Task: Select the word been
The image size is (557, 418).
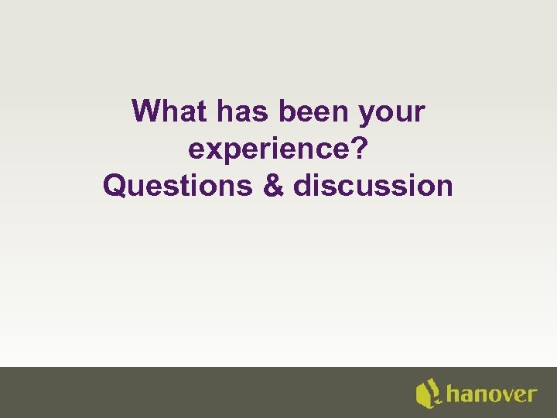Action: point(315,112)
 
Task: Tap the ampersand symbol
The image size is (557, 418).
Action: point(275,187)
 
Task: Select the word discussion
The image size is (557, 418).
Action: point(374,187)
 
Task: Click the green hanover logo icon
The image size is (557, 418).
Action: point(428,393)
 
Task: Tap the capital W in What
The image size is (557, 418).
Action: point(148,112)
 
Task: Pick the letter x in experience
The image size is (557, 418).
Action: point(212,150)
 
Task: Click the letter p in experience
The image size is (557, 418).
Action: point(231,152)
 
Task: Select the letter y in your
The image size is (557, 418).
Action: point(366,115)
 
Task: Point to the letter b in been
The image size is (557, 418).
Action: point(286,112)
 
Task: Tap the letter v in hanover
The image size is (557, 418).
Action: point(501,395)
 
